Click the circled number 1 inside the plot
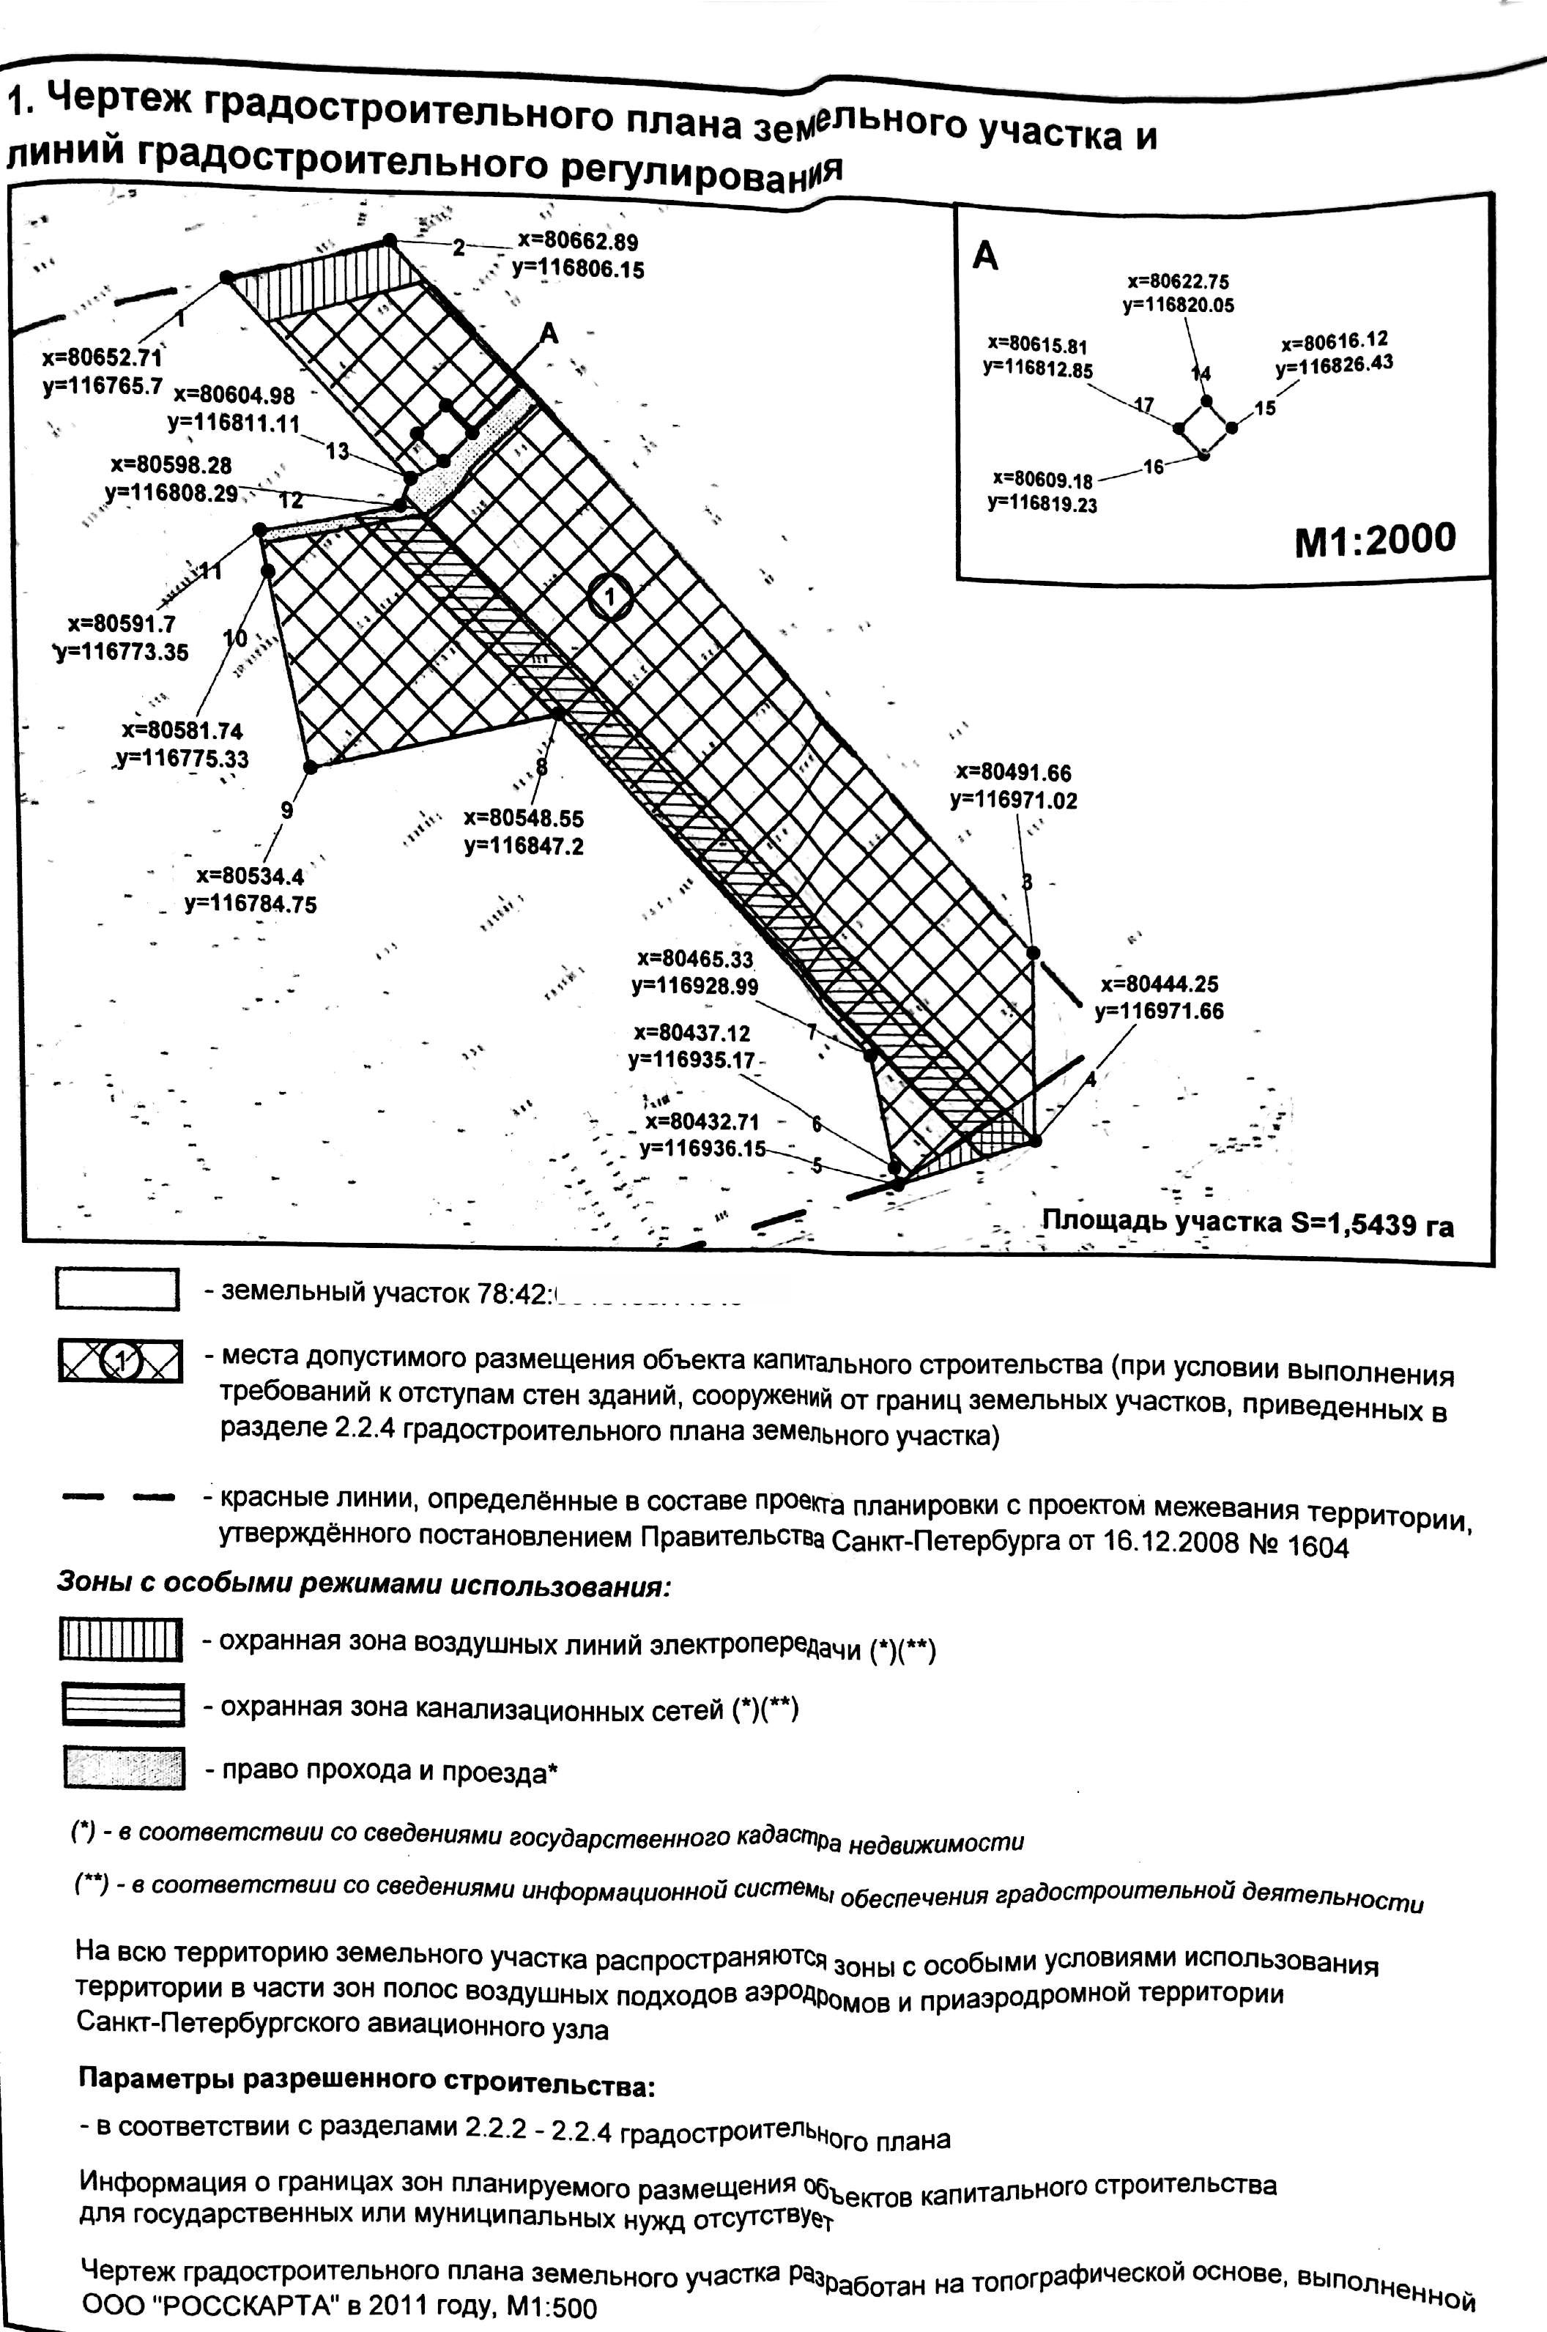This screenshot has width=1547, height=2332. [x=611, y=596]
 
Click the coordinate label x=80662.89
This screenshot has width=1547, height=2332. [x=577, y=242]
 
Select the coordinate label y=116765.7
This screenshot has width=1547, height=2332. [x=102, y=387]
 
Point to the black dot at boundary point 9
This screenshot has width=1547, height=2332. [x=310, y=767]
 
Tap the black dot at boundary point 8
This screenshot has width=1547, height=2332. [x=558, y=712]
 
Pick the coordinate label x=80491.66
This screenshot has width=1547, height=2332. [x=1013, y=773]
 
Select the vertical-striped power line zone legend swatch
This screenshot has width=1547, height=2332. [x=122, y=1639]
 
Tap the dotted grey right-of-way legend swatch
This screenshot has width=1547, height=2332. [x=123, y=1768]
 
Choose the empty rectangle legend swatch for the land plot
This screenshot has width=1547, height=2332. [x=117, y=1289]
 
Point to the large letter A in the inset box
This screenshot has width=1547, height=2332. [x=986, y=256]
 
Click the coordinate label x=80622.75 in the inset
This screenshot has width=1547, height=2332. [x=1178, y=281]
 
